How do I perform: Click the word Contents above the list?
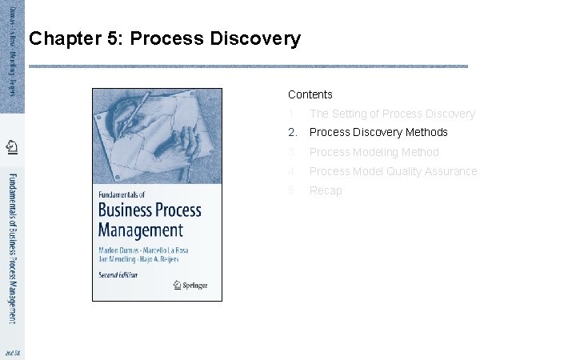[310, 94]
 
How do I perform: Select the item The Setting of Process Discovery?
[392, 114]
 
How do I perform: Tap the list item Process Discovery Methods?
[378, 132]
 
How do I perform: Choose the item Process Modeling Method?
[374, 152]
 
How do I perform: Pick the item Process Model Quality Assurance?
[393, 171]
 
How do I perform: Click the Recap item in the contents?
[326, 190]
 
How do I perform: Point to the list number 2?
[293, 132]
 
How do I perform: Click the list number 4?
[293, 171]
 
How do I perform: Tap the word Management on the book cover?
[141, 230]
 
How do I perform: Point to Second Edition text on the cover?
[118, 274]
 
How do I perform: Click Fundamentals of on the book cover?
[124, 194]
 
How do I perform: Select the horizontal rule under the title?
[248, 66]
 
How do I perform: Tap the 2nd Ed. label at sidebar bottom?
[12, 352]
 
